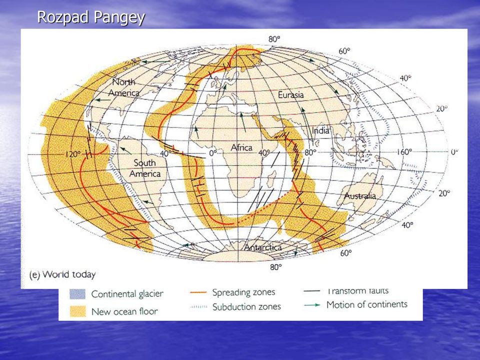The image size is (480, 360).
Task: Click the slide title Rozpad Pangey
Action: point(91,17)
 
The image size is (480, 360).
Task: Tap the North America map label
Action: point(124,87)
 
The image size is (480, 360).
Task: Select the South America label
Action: point(145,168)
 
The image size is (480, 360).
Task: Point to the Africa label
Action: point(241,148)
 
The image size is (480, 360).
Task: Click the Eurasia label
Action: point(291,95)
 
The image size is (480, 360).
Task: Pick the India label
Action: point(320,130)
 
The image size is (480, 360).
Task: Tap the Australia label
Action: point(360,196)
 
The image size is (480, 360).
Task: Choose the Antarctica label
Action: point(263,247)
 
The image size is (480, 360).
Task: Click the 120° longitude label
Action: point(73,154)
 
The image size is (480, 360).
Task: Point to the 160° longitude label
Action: point(404,152)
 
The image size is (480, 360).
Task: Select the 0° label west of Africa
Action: point(213,152)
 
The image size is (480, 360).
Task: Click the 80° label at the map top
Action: point(274,39)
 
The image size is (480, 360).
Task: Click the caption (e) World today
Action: point(62,274)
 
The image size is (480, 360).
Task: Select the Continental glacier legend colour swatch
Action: point(77,294)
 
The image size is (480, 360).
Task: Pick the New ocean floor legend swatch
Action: point(78,311)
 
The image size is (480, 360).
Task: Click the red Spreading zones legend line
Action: point(198,292)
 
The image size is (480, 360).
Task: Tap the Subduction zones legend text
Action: point(246,306)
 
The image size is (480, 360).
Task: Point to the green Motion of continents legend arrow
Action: point(312,305)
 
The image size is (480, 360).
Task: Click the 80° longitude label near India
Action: point(310,152)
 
